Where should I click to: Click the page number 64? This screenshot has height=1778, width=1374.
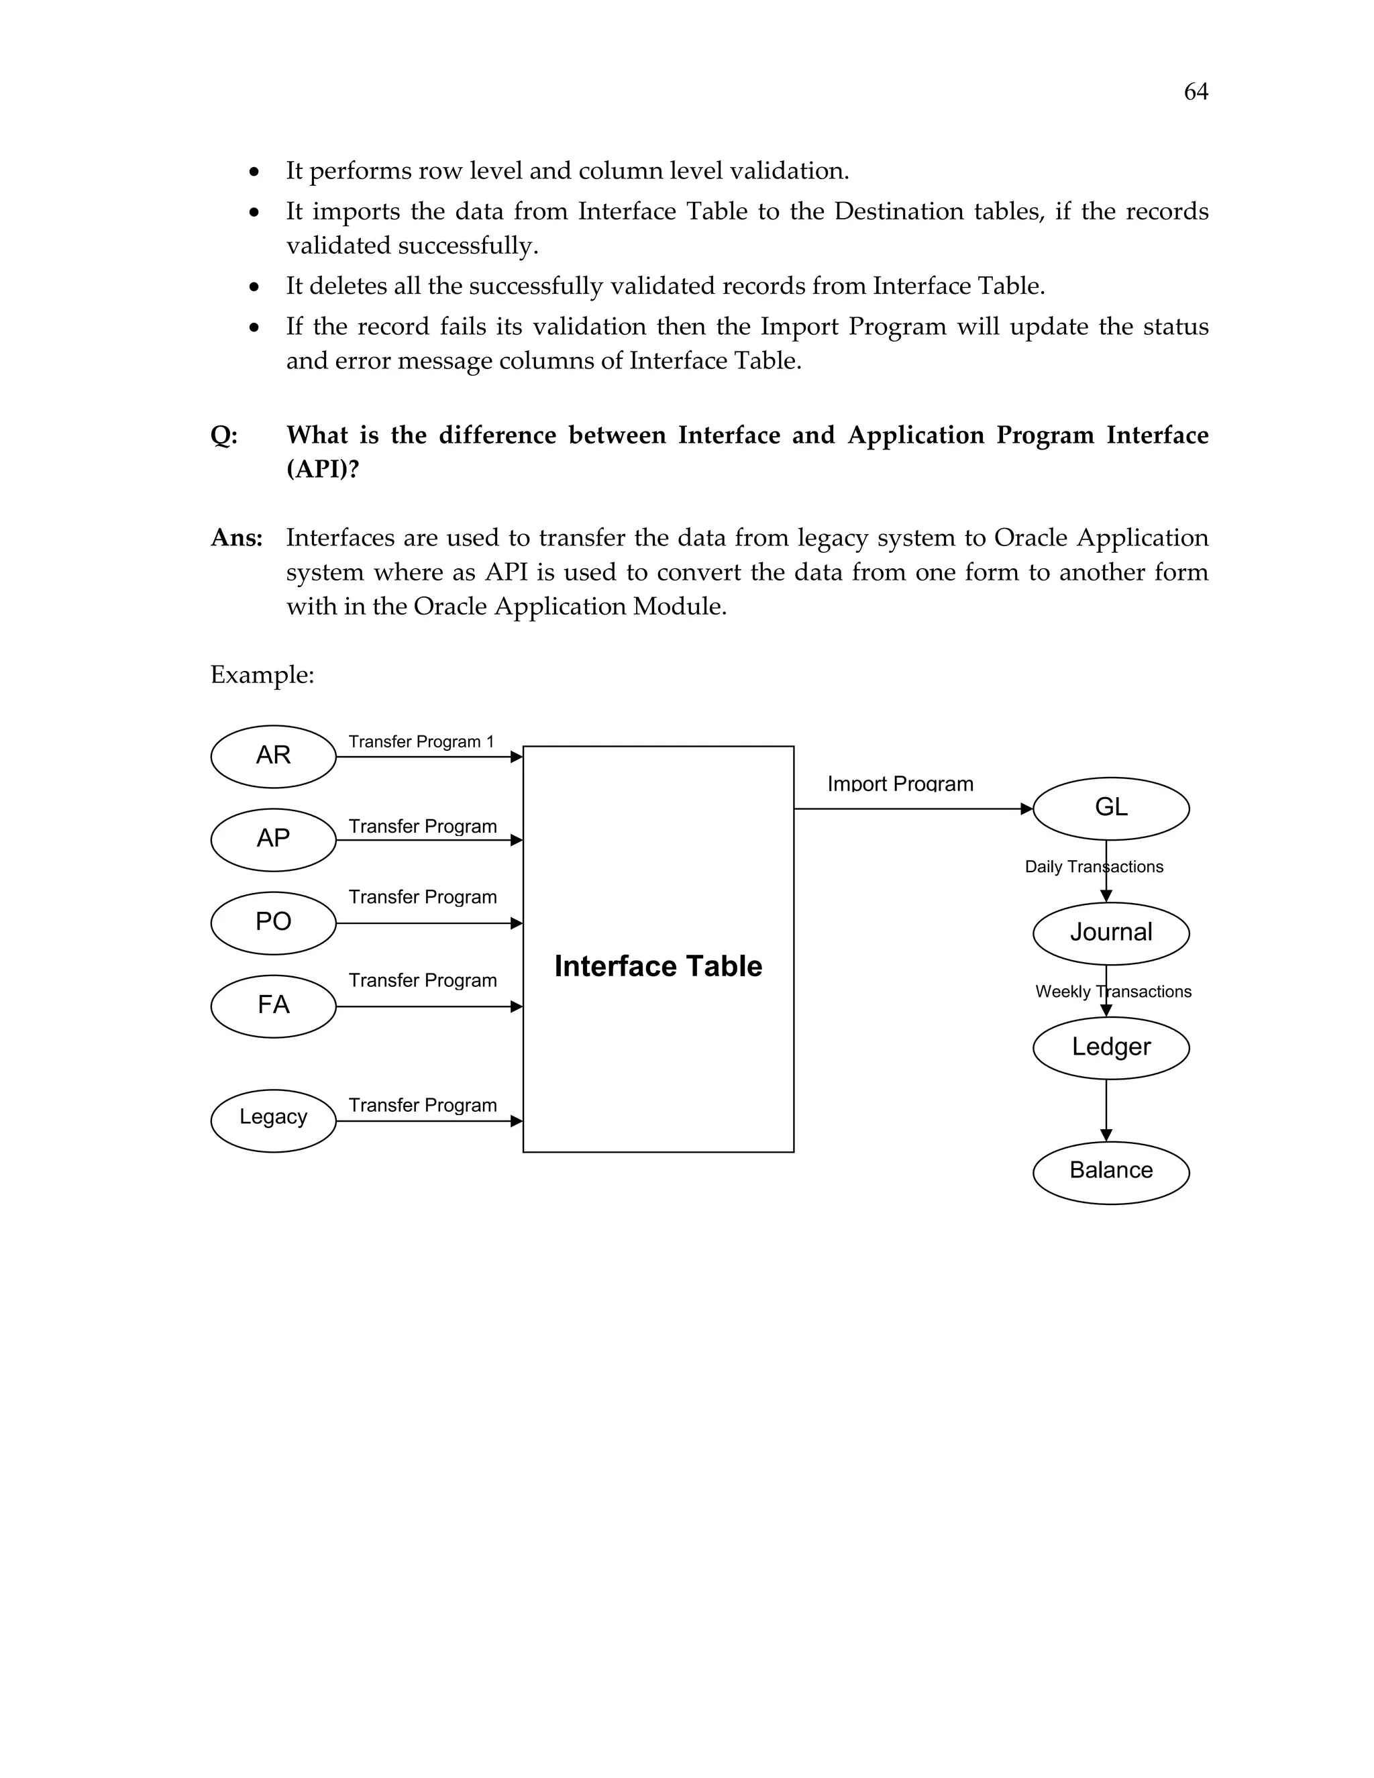tap(1195, 92)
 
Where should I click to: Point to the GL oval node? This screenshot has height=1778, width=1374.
tap(1110, 808)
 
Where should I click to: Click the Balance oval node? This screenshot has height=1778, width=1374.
tap(1110, 1171)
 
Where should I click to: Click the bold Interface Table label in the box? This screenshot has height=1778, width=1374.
tap(657, 966)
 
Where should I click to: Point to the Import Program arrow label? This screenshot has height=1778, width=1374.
tap(900, 784)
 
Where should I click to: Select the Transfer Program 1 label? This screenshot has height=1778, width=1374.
tap(421, 741)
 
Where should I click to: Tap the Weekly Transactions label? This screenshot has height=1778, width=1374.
tap(1113, 992)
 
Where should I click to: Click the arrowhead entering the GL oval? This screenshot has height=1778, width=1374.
tap(1026, 808)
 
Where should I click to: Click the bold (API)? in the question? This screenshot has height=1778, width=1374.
tap(322, 470)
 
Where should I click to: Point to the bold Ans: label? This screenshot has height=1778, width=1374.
tap(236, 538)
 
